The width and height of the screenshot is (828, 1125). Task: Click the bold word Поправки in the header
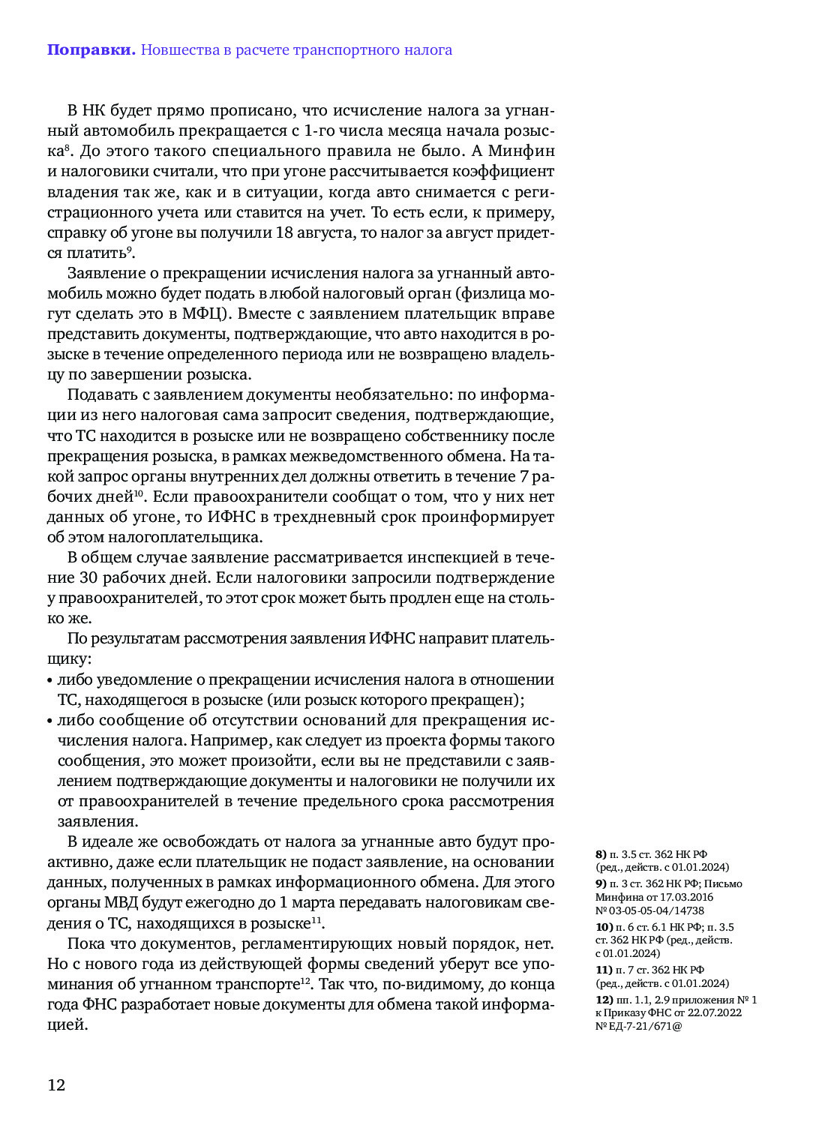tap(91, 50)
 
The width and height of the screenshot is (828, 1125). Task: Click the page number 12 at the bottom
tap(56, 1084)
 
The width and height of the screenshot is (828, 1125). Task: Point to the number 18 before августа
tap(284, 232)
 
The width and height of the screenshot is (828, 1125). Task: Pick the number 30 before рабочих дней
tap(88, 578)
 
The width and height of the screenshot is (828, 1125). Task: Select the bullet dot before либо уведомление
tap(49, 681)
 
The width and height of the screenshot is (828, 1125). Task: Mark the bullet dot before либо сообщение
tap(49, 721)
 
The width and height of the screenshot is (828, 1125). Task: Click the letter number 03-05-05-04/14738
tap(655, 910)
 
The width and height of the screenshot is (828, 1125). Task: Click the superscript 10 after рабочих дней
tap(139, 493)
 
